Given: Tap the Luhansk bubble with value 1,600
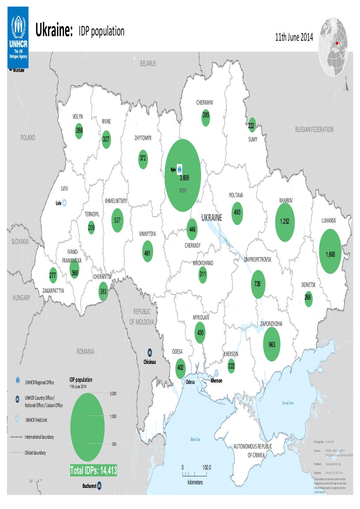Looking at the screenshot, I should coord(330,250).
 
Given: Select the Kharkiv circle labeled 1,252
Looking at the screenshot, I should coord(285,222).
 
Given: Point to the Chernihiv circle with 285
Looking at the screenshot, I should coord(206,118).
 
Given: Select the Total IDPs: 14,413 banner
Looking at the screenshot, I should coord(93,470).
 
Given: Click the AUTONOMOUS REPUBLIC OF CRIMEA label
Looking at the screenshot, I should coord(253,450).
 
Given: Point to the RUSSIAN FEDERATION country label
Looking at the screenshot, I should coord(314,130).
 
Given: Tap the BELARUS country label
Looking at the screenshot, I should coord(148,64).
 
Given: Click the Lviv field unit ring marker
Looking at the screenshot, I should coord(65,203).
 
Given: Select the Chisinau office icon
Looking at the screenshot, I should coord(150,352).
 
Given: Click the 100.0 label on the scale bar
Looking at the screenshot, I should coord(207,468).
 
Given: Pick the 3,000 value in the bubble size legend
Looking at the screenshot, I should coord(113,393).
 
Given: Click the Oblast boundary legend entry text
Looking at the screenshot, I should coord(35,453).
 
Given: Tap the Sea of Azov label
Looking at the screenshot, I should coord(287,403).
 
